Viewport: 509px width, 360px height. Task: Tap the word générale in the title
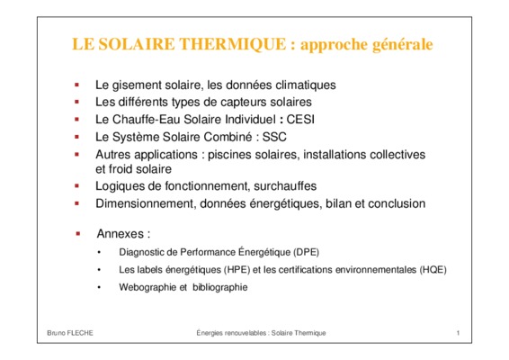click(403, 45)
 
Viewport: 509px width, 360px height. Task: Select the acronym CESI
click(300, 119)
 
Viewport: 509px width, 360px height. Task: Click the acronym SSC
click(274, 137)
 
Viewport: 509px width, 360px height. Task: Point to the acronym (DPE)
click(306, 252)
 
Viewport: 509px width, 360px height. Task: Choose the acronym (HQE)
click(433, 270)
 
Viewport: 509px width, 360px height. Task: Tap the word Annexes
click(121, 234)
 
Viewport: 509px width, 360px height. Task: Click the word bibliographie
click(220, 287)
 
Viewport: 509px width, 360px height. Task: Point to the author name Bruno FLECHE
click(70, 333)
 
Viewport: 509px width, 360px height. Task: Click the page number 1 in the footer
click(458, 333)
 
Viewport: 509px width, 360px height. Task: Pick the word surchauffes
click(285, 186)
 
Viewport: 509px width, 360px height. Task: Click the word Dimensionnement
click(146, 203)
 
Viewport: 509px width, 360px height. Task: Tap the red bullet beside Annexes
click(78, 234)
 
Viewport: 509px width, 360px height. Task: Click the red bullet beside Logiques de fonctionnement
click(77, 186)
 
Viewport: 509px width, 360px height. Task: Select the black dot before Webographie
click(99, 287)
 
